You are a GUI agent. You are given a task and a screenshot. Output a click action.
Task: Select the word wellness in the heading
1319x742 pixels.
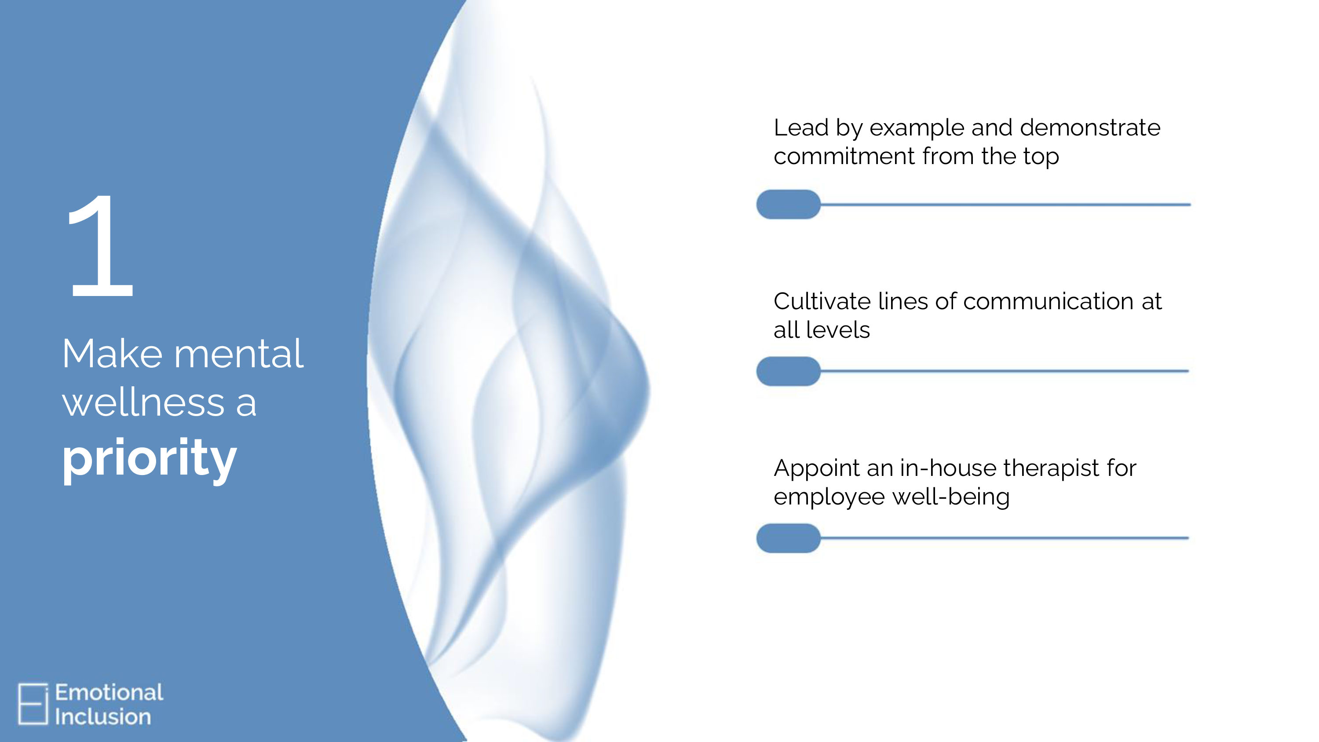click(x=143, y=402)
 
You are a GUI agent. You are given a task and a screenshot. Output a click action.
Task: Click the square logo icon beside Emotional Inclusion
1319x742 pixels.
click(x=33, y=704)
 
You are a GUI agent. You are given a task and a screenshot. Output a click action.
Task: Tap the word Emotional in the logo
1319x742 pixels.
click(x=109, y=692)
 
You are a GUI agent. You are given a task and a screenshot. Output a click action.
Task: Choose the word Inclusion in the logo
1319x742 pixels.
click(x=103, y=717)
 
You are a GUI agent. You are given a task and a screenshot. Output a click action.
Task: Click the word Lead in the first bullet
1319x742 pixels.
click(x=801, y=128)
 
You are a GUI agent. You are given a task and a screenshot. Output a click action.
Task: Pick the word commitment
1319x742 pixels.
click(x=844, y=156)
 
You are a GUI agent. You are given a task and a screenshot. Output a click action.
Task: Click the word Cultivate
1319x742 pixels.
click(x=822, y=301)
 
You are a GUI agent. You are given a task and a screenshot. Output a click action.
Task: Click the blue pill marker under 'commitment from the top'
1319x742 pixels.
click(x=789, y=205)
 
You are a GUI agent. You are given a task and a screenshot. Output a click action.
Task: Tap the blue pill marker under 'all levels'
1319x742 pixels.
click(x=789, y=371)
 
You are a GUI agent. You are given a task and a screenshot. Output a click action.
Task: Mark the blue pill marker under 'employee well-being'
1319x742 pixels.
click(x=789, y=538)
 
